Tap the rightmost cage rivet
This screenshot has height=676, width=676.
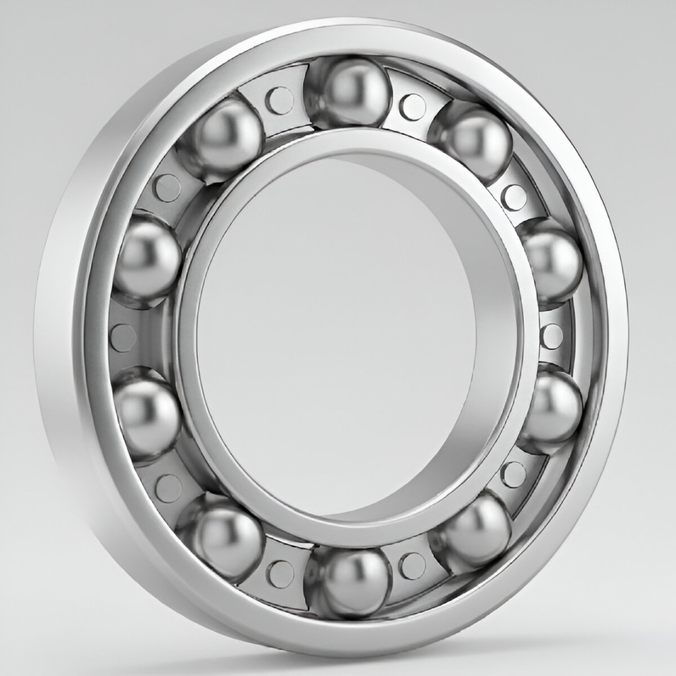pyautogui.click(x=551, y=336)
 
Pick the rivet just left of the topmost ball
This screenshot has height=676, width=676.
pyautogui.click(x=279, y=100)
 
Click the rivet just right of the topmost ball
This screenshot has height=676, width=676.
pyautogui.click(x=412, y=106)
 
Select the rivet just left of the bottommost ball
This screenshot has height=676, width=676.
pyautogui.click(x=279, y=573)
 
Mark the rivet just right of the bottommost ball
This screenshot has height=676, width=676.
pyautogui.click(x=412, y=565)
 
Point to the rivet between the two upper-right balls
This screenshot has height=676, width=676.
pyautogui.click(x=514, y=197)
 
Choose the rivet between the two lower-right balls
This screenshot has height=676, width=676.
pyautogui.click(x=513, y=474)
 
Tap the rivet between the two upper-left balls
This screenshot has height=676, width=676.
pyautogui.click(x=167, y=187)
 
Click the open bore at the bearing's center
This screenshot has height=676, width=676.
pyautogui.click(x=338, y=338)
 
